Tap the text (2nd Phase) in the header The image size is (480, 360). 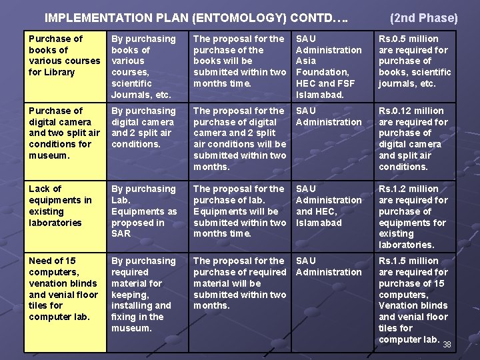pos(423,18)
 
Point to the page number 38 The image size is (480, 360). pos(447,345)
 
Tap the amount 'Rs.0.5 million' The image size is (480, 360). pos(409,39)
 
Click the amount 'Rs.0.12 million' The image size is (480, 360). pos(411,111)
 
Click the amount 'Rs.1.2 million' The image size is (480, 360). pos(409,189)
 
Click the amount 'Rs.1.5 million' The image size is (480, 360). pos(409,261)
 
